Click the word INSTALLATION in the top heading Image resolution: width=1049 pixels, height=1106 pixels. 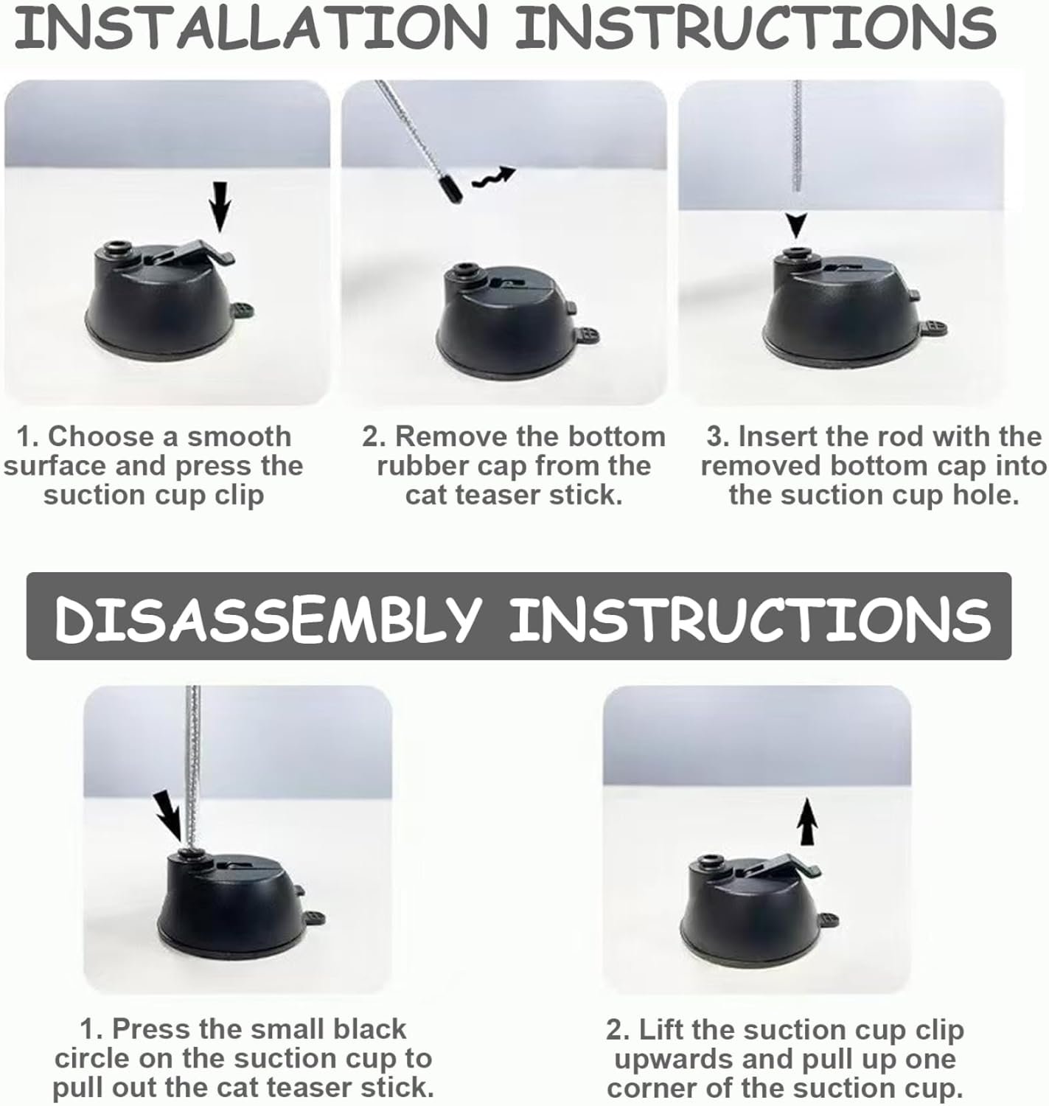(x=251, y=27)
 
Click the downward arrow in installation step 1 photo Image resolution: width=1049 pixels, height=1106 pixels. (x=221, y=206)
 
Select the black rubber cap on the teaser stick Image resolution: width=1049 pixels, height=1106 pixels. (x=451, y=189)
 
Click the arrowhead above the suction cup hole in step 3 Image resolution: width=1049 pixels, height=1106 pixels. (x=796, y=225)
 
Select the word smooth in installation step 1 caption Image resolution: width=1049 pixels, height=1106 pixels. (x=239, y=437)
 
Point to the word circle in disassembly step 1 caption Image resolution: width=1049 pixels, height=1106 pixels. (x=91, y=1060)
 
